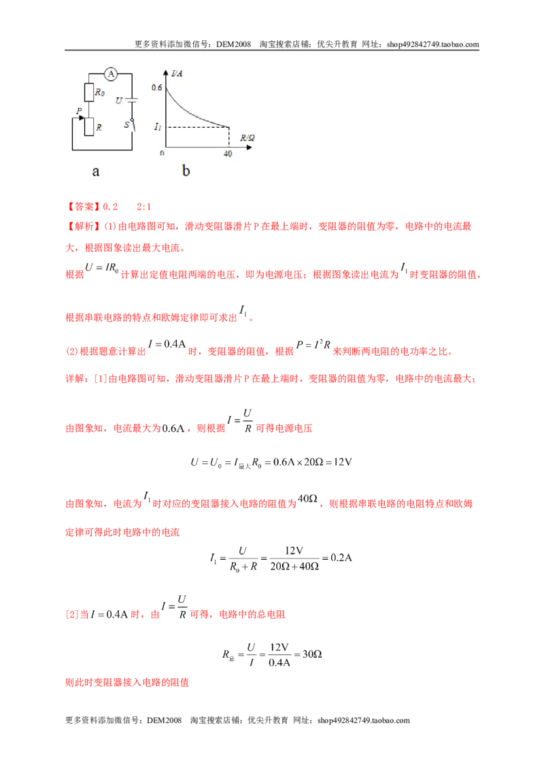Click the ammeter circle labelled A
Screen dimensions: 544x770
coord(111,74)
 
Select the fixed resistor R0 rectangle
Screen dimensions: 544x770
coord(89,93)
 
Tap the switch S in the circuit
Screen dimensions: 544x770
coord(131,124)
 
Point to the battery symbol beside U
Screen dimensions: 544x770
coord(131,100)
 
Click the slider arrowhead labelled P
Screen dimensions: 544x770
coord(82,118)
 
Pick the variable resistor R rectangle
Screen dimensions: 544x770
coord(89,127)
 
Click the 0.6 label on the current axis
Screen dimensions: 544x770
coord(156,88)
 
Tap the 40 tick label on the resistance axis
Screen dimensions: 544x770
coord(228,154)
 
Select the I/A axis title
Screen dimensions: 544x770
coord(177,73)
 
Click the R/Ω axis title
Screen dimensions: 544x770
coord(248,138)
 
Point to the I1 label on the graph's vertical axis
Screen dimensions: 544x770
coord(157,127)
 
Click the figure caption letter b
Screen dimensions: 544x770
coord(186,171)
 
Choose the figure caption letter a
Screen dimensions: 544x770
coord(96,171)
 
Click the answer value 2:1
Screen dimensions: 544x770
coord(144,207)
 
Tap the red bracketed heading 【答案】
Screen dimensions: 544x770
coord(84,207)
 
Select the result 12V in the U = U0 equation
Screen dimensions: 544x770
coord(343,462)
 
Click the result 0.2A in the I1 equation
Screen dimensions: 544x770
coord(341,558)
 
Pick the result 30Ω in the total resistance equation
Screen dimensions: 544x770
coord(312,654)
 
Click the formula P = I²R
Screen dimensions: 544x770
coord(313,345)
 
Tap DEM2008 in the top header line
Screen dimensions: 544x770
coord(233,44)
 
